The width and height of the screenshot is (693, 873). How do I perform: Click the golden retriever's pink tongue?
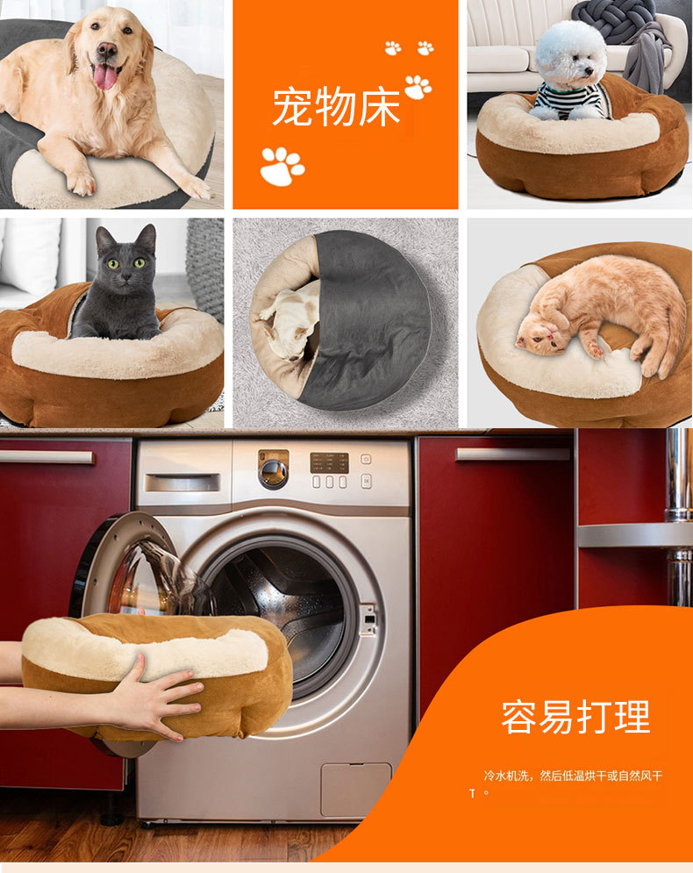(105, 76)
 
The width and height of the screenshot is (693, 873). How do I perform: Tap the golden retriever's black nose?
(107, 50)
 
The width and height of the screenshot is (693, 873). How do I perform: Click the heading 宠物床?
(336, 107)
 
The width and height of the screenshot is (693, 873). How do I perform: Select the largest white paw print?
(282, 166)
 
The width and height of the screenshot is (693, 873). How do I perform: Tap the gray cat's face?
(125, 262)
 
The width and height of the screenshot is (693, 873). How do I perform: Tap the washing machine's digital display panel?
(329, 462)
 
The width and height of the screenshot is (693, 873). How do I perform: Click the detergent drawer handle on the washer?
(182, 483)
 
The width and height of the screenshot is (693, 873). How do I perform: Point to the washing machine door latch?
(368, 618)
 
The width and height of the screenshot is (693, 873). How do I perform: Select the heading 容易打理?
(575, 717)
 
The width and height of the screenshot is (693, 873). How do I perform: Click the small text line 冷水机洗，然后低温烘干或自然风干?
(573, 776)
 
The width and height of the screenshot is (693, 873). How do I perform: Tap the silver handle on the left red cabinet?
(46, 457)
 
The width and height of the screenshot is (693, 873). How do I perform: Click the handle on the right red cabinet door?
(512, 454)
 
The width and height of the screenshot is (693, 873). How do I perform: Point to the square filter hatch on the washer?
(355, 790)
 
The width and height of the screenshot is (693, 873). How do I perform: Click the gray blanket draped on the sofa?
(646, 61)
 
